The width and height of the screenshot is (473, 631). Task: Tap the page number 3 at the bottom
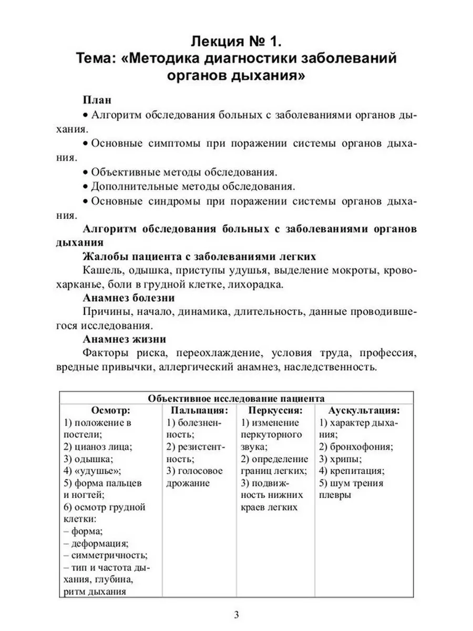(236, 615)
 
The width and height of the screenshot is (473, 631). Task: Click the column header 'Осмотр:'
(110, 410)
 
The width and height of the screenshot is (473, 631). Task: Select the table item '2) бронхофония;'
(356, 447)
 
